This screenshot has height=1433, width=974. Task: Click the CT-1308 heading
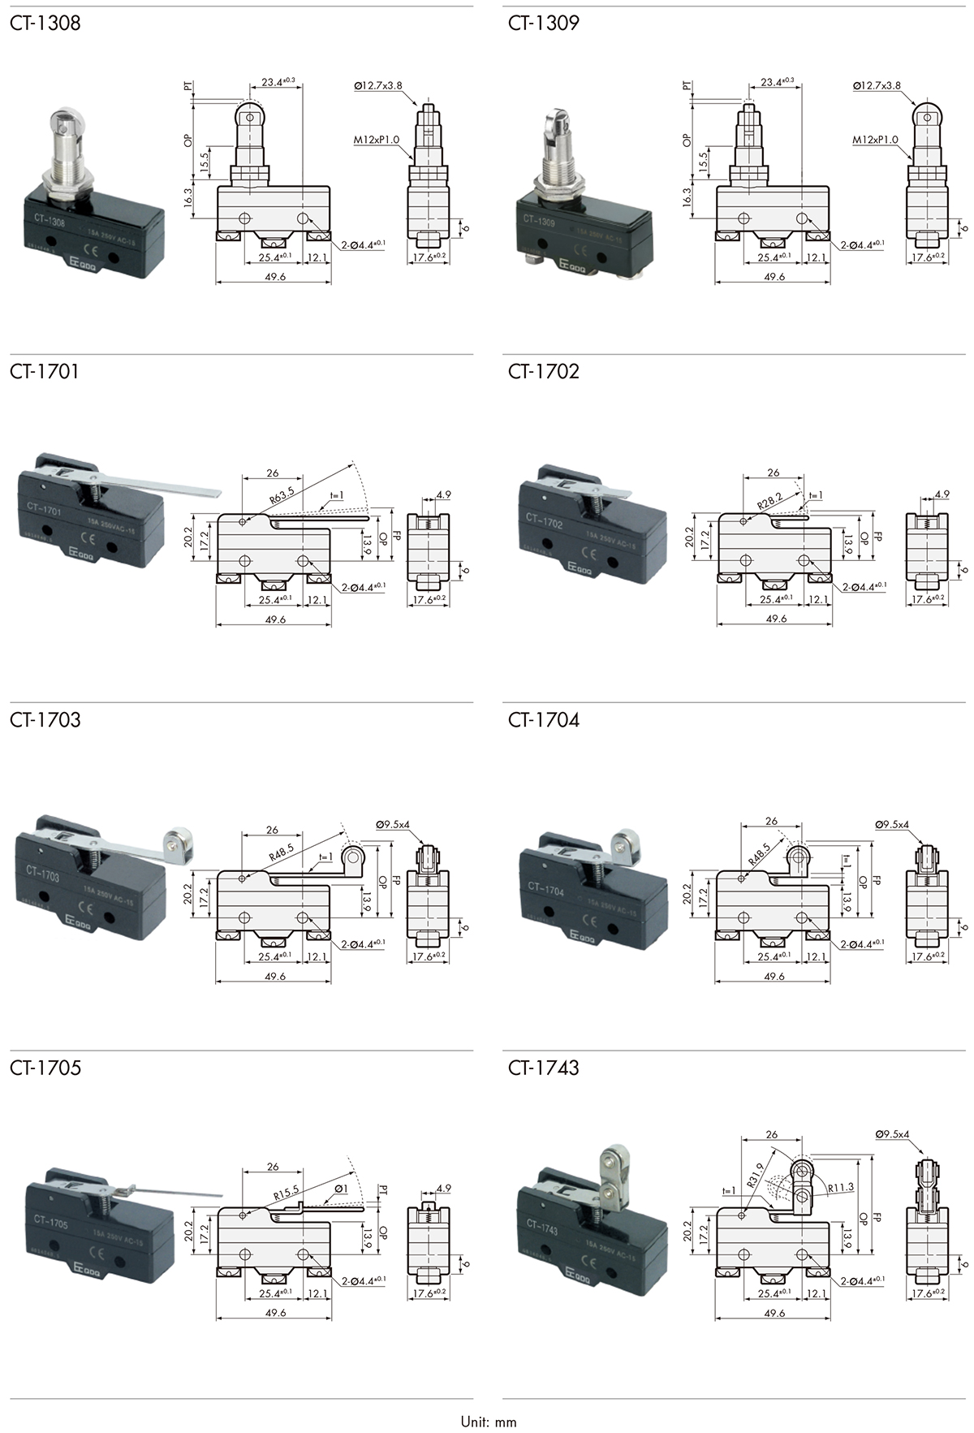[45, 23]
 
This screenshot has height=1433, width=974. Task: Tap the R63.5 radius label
[281, 497]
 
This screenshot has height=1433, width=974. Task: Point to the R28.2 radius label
[769, 502]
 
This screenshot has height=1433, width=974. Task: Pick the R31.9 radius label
[756, 1175]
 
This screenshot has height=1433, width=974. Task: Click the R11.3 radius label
[841, 1187]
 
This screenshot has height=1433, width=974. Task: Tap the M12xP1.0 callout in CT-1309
[875, 140]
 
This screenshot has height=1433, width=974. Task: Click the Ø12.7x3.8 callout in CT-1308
[378, 85]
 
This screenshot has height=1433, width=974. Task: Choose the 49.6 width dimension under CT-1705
[275, 1313]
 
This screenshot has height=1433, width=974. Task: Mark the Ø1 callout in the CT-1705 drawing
[340, 1189]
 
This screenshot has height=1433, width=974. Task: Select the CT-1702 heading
[544, 371]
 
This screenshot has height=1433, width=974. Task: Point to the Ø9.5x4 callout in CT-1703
[393, 824]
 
